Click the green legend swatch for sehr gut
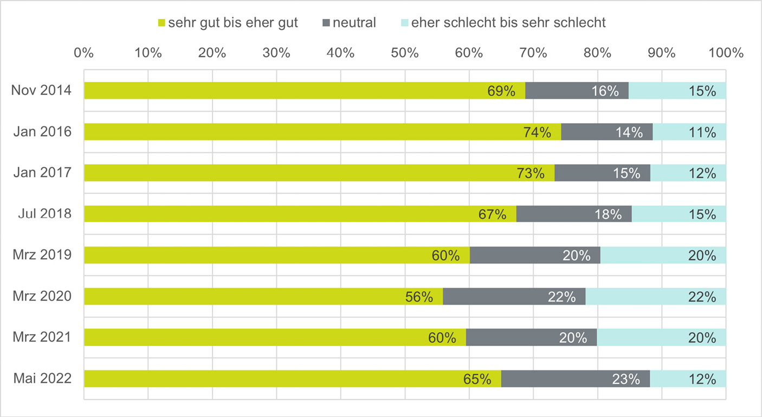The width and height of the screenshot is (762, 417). click(x=160, y=23)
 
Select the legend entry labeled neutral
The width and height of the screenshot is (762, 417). click(x=354, y=23)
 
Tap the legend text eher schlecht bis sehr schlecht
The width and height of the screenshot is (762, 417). click(x=508, y=23)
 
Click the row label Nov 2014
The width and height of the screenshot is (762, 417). click(x=41, y=91)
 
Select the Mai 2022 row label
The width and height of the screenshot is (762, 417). click(x=42, y=378)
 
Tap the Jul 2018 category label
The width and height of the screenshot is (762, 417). click(x=44, y=214)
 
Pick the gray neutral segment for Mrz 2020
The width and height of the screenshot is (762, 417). click(x=514, y=297)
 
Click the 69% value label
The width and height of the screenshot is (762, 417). click(x=501, y=91)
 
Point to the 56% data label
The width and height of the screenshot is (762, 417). click(x=419, y=297)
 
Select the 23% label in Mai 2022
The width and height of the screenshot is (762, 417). click(x=626, y=379)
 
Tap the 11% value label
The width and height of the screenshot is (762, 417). click(x=702, y=132)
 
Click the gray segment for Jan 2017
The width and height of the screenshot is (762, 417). click(x=602, y=173)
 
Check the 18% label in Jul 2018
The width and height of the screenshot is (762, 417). click(x=608, y=214)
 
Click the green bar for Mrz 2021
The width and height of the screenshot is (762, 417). click(x=271, y=337)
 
